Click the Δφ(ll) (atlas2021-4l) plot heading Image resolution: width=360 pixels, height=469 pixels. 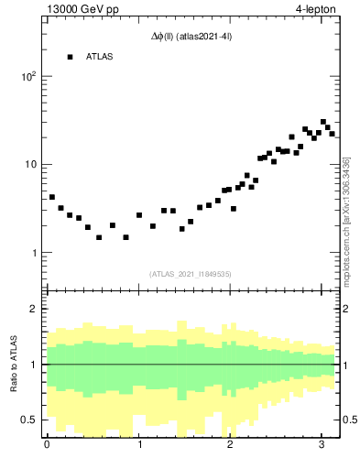191,37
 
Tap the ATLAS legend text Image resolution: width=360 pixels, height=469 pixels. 100,57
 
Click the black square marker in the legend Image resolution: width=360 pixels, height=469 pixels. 70,57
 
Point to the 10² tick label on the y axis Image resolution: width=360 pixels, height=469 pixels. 28,77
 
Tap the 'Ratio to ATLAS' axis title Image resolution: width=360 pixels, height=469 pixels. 13,364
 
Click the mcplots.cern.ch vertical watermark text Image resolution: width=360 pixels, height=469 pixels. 346,220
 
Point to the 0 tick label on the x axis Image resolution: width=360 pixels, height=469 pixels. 47,446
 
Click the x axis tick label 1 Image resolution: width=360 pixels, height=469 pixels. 139,446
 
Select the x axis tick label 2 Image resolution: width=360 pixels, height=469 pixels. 231,446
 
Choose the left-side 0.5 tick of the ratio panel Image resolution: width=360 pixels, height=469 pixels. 31,420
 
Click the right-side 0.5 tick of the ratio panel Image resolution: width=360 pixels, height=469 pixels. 348,420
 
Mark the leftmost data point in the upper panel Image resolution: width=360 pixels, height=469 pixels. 52,197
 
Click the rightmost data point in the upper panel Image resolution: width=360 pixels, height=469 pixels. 332,134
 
